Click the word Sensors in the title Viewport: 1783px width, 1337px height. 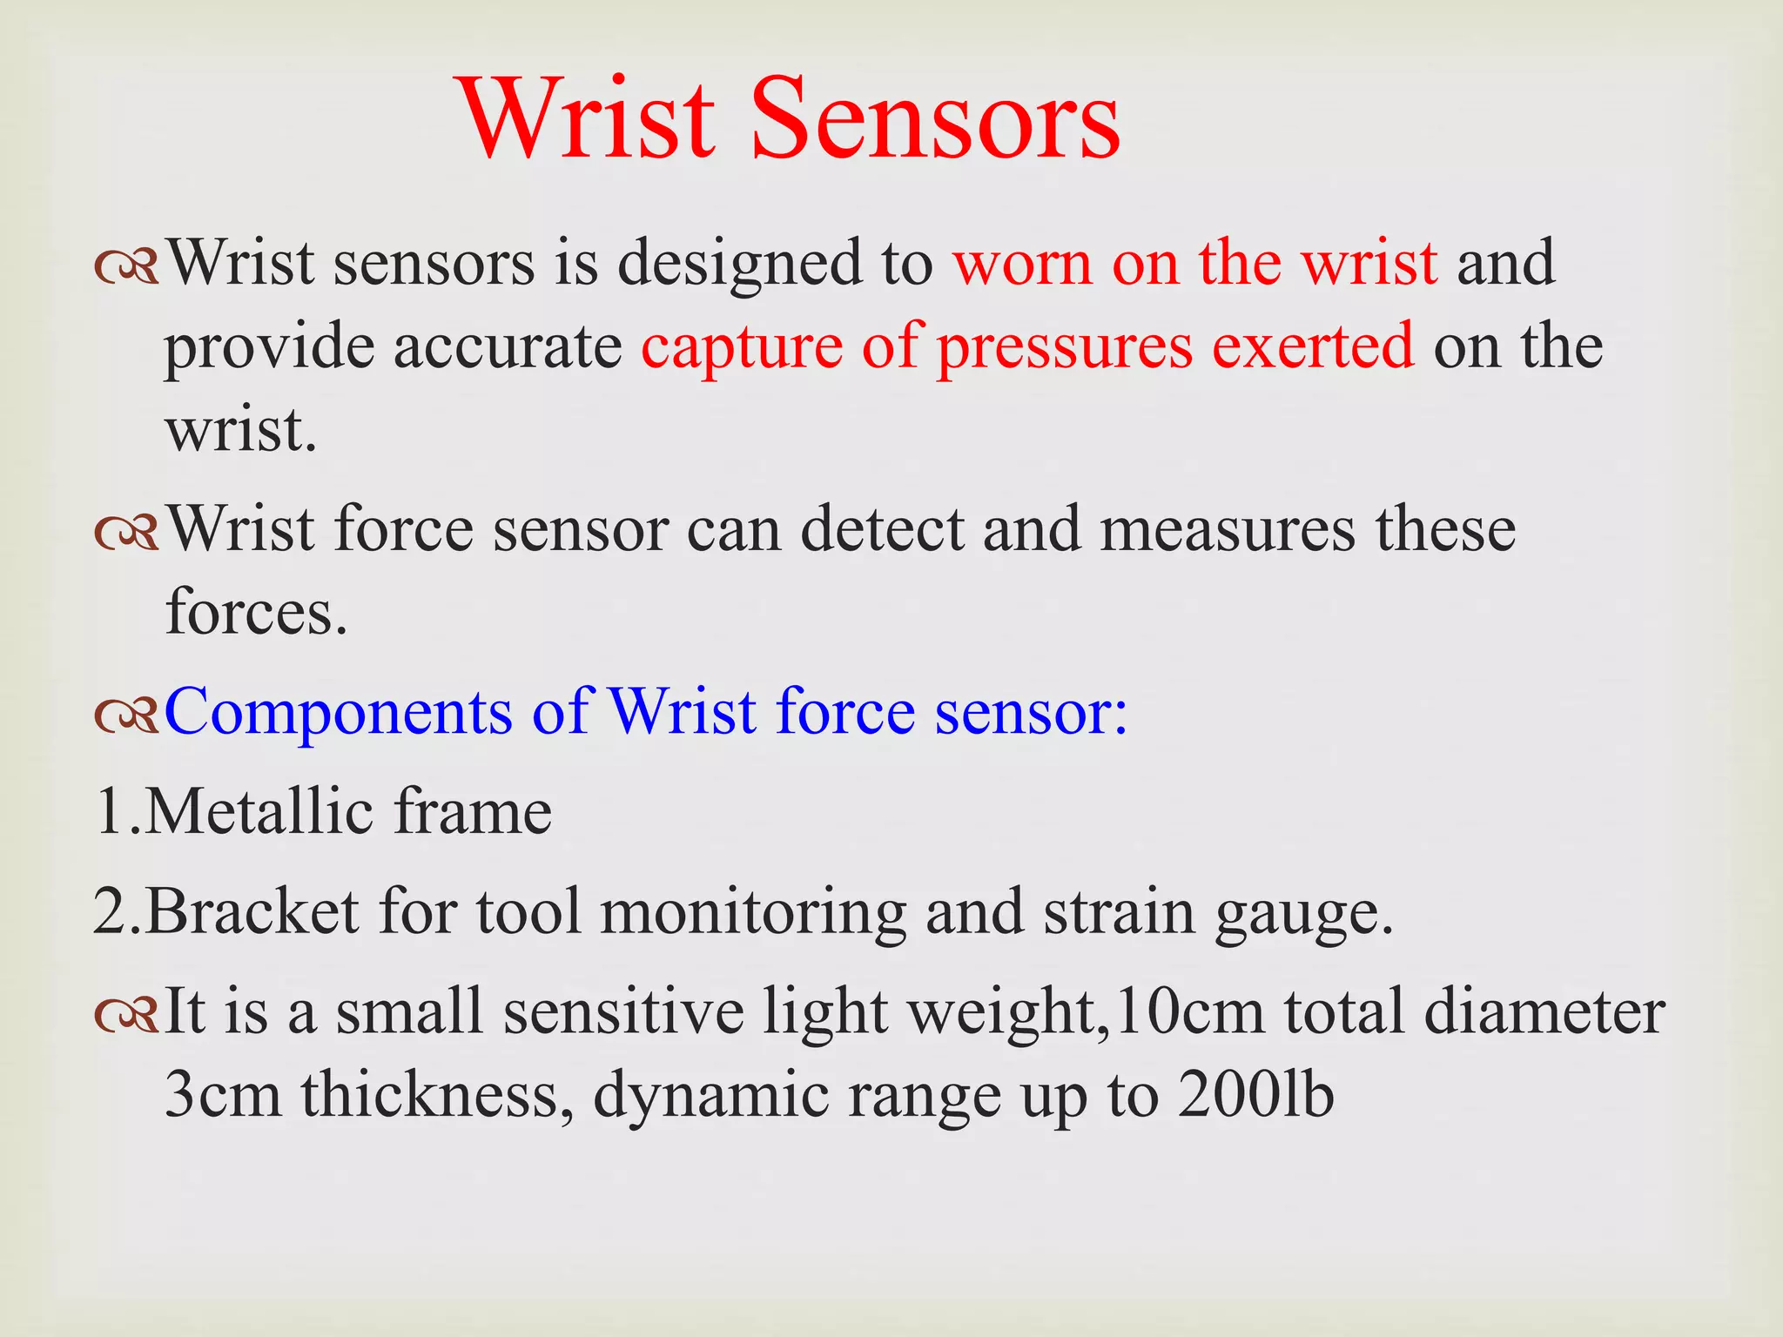[935, 119]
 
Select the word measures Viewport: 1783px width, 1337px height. [1228, 531]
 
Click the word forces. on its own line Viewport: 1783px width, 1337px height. [256, 612]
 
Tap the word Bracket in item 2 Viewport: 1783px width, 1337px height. [252, 911]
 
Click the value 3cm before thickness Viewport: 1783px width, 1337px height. [223, 1095]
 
